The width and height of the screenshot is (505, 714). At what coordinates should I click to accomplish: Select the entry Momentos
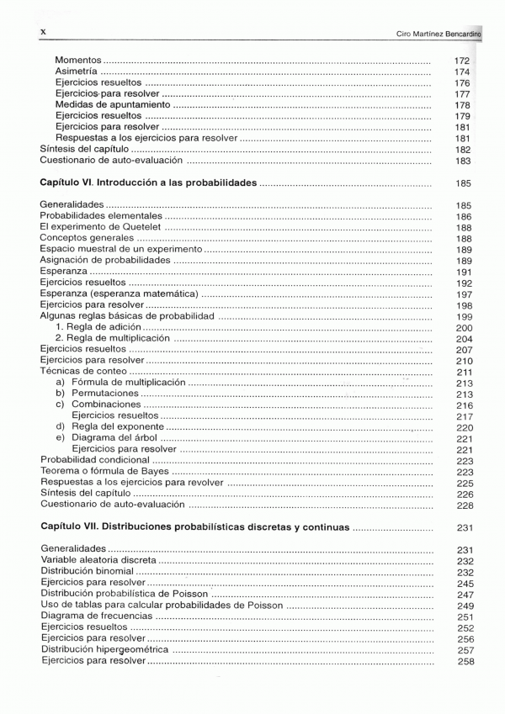click(x=78, y=61)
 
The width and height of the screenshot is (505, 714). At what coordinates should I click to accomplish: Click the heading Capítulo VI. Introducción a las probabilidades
click(x=148, y=182)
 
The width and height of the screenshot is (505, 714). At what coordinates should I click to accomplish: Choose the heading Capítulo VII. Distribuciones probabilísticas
click(x=194, y=527)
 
